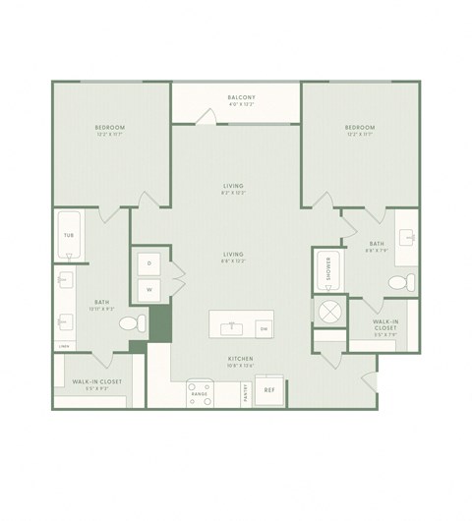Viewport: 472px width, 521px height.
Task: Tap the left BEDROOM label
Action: [109, 128]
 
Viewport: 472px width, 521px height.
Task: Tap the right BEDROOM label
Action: [360, 128]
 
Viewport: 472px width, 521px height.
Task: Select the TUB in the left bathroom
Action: [69, 236]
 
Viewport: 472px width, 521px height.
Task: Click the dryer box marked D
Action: [149, 263]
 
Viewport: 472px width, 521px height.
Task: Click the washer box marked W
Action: [149, 289]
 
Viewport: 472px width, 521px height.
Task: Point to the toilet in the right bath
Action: [397, 283]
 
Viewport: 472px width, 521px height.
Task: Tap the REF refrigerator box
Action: [269, 389]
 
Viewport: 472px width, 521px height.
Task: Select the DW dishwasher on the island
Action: [263, 327]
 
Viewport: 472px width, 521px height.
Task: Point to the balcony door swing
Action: [206, 116]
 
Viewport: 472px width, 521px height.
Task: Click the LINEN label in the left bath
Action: [64, 346]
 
